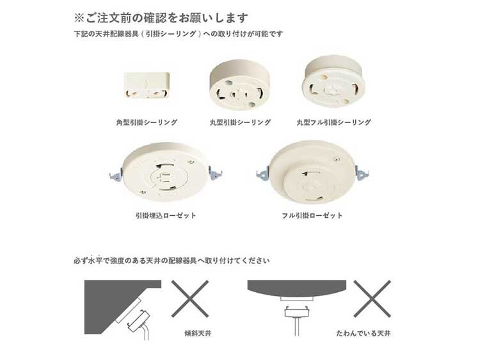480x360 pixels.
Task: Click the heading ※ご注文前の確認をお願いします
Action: click(161, 18)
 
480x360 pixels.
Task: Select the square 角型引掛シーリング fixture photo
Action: click(147, 85)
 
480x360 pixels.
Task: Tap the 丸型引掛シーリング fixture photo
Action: click(239, 85)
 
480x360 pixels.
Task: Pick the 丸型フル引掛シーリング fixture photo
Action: click(333, 81)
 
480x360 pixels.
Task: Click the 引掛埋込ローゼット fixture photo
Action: click(166, 172)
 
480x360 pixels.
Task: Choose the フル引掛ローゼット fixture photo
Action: click(312, 172)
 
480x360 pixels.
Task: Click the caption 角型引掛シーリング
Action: click(147, 122)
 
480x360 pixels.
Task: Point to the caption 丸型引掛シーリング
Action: click(240, 122)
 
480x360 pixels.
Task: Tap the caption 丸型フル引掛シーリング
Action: click(333, 122)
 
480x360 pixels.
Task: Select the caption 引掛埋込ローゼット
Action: click(166, 215)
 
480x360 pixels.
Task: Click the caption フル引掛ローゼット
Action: click(312, 215)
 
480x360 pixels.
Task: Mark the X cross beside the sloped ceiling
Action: click(190, 299)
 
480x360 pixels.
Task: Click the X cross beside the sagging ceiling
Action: click(372, 299)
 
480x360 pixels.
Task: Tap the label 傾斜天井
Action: click(198, 333)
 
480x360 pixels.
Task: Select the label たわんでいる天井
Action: click(364, 333)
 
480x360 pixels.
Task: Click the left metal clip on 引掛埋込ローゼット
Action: click(115, 175)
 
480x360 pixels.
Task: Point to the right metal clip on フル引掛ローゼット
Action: click(362, 174)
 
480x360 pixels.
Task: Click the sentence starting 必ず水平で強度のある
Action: click(172, 261)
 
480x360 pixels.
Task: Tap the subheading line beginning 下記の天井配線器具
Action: click(178, 34)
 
